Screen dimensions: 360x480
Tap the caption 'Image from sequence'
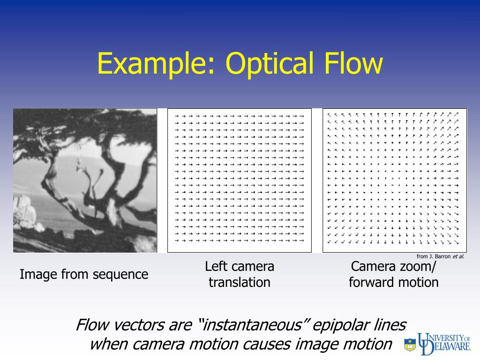[84, 274]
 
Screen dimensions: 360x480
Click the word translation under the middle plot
[240, 283]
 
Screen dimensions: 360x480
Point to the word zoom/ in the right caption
[418, 267]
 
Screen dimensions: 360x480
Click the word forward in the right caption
[368, 283]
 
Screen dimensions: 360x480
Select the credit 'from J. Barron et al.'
[440, 256]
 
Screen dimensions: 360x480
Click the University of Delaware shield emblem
[410, 345]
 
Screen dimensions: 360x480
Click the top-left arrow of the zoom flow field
[330, 114]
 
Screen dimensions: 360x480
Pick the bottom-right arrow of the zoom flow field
[456, 242]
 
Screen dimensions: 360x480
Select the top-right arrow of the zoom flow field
[456, 114]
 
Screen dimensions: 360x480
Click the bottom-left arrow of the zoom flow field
[330, 242]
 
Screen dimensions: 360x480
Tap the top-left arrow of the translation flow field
[176, 115]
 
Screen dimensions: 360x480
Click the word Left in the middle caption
[215, 267]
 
